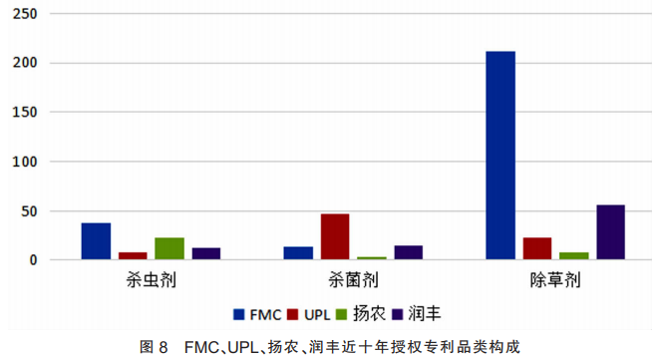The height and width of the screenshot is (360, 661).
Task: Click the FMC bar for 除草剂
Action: click(500, 156)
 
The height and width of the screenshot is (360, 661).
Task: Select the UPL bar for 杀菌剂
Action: click(335, 237)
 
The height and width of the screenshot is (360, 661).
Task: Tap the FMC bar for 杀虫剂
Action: click(96, 241)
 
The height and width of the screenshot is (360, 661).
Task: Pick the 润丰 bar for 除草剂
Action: click(610, 232)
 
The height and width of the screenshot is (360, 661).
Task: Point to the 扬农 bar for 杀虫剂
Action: click(169, 248)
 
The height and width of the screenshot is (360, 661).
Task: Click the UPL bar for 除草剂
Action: click(537, 248)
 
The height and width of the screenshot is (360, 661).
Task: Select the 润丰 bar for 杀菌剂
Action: click(408, 252)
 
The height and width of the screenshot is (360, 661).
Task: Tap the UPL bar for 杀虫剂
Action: click(133, 255)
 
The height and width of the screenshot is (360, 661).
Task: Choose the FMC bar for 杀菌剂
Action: click(298, 253)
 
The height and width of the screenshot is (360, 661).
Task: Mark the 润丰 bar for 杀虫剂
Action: click(206, 253)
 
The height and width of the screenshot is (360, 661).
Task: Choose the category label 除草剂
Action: click(554, 280)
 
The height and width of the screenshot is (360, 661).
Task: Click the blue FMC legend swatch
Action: click(238, 314)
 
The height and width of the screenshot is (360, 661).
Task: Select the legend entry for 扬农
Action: click(361, 314)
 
